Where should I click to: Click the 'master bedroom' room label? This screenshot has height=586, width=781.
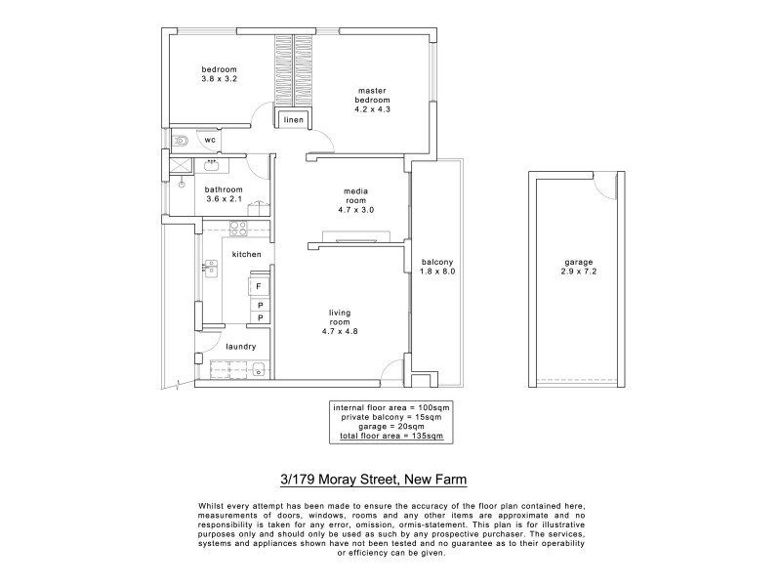pos(372,100)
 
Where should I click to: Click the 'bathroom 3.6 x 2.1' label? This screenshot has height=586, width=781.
pos(224,194)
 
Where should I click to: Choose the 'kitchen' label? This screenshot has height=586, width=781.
pos(246,254)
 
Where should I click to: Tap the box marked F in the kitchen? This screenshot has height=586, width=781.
pos(259,287)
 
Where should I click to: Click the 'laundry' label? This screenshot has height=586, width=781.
pos(240,347)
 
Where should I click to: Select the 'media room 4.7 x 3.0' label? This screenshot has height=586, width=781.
pos(355,199)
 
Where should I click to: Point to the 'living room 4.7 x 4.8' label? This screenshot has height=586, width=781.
pos(339,321)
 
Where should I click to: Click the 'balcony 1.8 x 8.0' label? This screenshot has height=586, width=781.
pos(436,267)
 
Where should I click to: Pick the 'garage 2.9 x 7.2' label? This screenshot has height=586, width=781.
pos(578,267)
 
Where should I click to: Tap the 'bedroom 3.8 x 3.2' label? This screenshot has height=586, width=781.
pos(220,73)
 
